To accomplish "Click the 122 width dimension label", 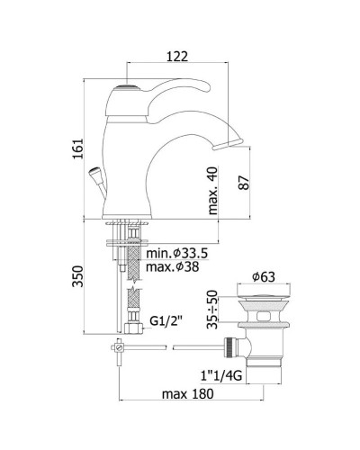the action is pos(177,57).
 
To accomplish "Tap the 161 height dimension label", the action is pos(77,148).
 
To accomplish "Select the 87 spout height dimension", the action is pos(244,183).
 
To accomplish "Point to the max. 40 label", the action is pos(212,191).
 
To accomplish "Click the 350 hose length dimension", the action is pos(77,276).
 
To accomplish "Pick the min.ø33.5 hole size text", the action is pos(177,254).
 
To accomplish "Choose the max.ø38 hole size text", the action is pos(173,266).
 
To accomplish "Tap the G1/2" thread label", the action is pos(166,321).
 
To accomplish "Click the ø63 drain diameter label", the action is pos(264,277).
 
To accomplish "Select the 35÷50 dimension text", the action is pos(212,310).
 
